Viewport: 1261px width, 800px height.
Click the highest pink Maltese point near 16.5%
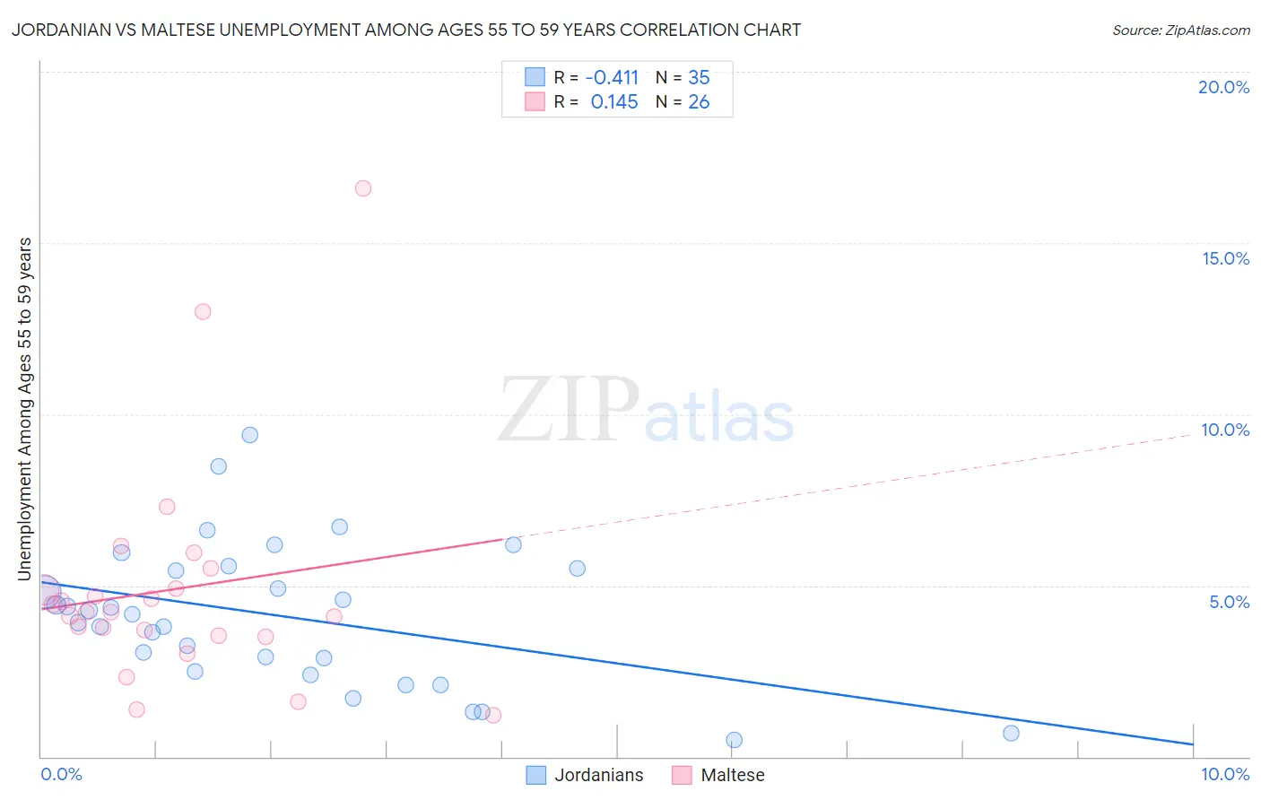363,188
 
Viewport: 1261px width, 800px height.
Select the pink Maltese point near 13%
203,311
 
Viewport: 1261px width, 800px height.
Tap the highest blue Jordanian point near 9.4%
250,435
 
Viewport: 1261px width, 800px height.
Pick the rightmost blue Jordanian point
1011,733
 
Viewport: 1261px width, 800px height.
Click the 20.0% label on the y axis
1223,87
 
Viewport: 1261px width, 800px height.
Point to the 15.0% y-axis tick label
1225,258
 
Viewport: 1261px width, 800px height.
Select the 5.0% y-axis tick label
1229,602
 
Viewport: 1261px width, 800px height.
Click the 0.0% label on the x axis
61,774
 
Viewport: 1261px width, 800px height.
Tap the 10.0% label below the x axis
1224,774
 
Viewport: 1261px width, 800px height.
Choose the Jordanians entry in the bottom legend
598,775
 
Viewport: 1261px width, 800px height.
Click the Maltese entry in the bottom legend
732,775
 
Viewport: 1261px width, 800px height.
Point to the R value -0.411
612,78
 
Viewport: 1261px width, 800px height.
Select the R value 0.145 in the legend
614,102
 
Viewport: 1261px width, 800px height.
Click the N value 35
699,78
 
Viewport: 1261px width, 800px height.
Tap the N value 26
699,102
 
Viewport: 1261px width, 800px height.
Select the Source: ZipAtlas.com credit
1180,30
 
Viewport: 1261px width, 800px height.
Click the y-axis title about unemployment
25,408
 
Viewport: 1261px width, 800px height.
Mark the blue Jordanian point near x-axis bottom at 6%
734,740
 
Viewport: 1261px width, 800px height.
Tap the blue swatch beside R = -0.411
535,77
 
